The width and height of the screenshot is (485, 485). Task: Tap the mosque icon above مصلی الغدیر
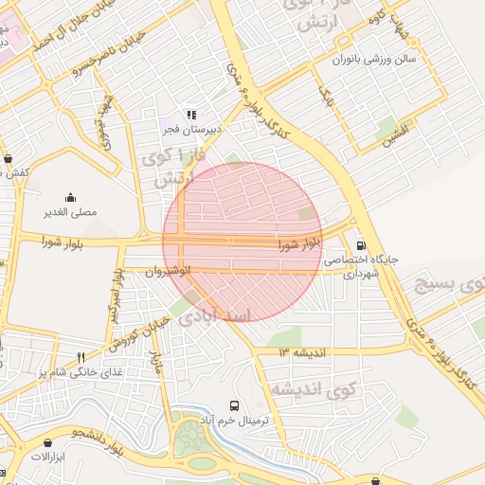coord(72,198)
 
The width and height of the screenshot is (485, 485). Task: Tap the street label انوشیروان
coord(168,272)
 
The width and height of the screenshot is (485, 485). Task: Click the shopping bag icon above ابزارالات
coord(46,442)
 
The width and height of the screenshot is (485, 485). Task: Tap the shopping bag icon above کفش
coord(9,158)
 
